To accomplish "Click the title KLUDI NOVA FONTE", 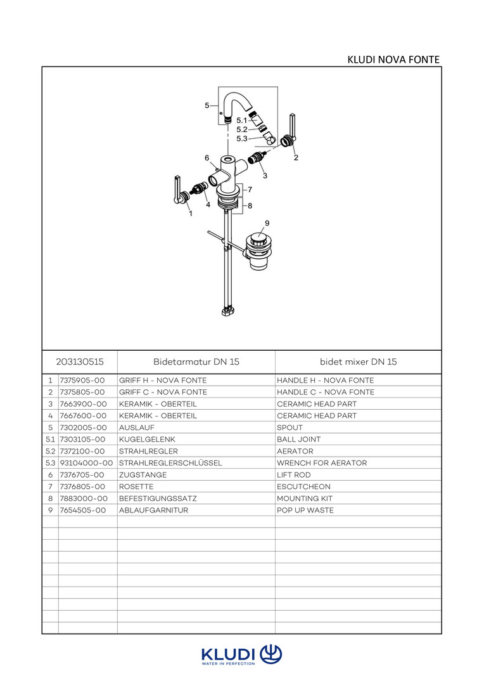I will pos(393,60).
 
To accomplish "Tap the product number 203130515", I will pos(79,362).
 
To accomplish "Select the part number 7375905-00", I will pos(82,381).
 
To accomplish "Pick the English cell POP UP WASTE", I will pos(305,510).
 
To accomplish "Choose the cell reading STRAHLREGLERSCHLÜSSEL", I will pos(170,463).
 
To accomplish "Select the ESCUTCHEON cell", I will pos(303,486).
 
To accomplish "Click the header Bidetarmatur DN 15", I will pos(196,362).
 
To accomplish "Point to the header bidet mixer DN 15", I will pos(358,362).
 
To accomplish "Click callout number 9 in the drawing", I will pos(267,223).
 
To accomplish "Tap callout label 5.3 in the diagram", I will pos(241,138).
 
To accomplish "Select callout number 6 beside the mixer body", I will pos(207,157).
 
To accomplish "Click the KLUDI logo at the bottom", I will pos(241,655).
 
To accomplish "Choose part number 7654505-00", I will pos(82,510).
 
